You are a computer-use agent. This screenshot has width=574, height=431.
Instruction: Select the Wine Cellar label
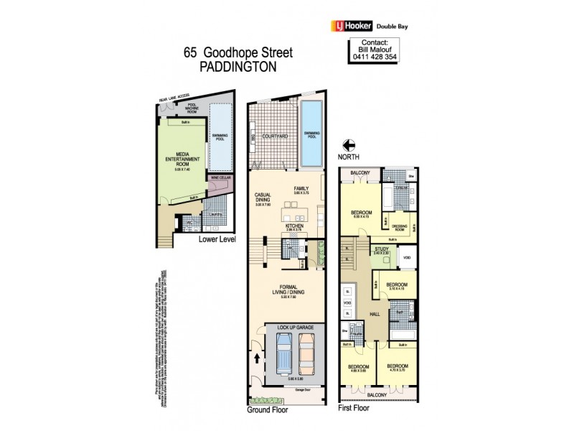(x=220, y=177)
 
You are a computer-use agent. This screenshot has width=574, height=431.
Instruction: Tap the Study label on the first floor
(x=380, y=249)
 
